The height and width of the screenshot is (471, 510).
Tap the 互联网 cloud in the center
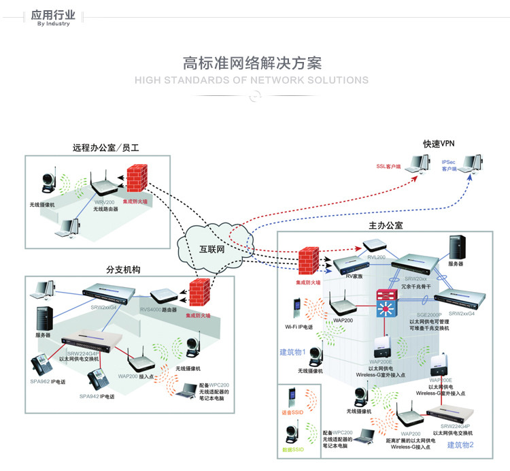pyautogui.click(x=211, y=248)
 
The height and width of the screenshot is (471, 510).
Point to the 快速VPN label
pyautogui.click(x=438, y=144)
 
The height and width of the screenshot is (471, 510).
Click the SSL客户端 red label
pyautogui.click(x=389, y=166)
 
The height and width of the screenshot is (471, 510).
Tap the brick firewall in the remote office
pyautogui.click(x=138, y=180)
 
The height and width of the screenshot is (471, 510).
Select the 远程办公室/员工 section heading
pyautogui.click(x=105, y=148)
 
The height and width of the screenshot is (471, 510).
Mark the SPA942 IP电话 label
pyautogui.click(x=97, y=396)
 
